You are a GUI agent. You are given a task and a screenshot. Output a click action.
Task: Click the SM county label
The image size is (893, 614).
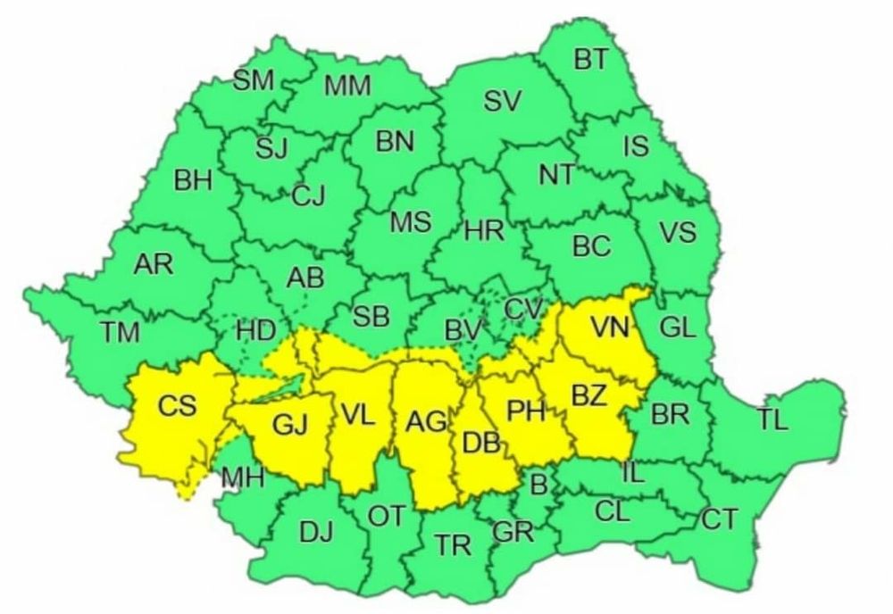click(254, 81)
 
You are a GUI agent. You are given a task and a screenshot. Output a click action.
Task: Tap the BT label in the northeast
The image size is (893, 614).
click(590, 60)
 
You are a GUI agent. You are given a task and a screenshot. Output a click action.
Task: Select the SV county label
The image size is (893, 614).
click(503, 102)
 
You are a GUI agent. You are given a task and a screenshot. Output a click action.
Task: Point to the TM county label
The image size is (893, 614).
click(120, 334)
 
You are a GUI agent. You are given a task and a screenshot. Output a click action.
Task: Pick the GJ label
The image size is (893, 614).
click(289, 427)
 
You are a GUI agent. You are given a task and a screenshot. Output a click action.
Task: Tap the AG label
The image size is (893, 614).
click(425, 421)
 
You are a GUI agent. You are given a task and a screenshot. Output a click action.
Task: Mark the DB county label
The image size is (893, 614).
click(479, 440)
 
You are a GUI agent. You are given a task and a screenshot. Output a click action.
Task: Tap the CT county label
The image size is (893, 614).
click(720, 519)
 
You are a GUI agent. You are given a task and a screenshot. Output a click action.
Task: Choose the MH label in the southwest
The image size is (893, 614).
click(243, 478)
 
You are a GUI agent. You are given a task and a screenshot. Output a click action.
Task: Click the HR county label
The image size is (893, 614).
click(485, 231)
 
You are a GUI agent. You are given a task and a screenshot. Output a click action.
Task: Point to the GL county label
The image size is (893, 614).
click(678, 328)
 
